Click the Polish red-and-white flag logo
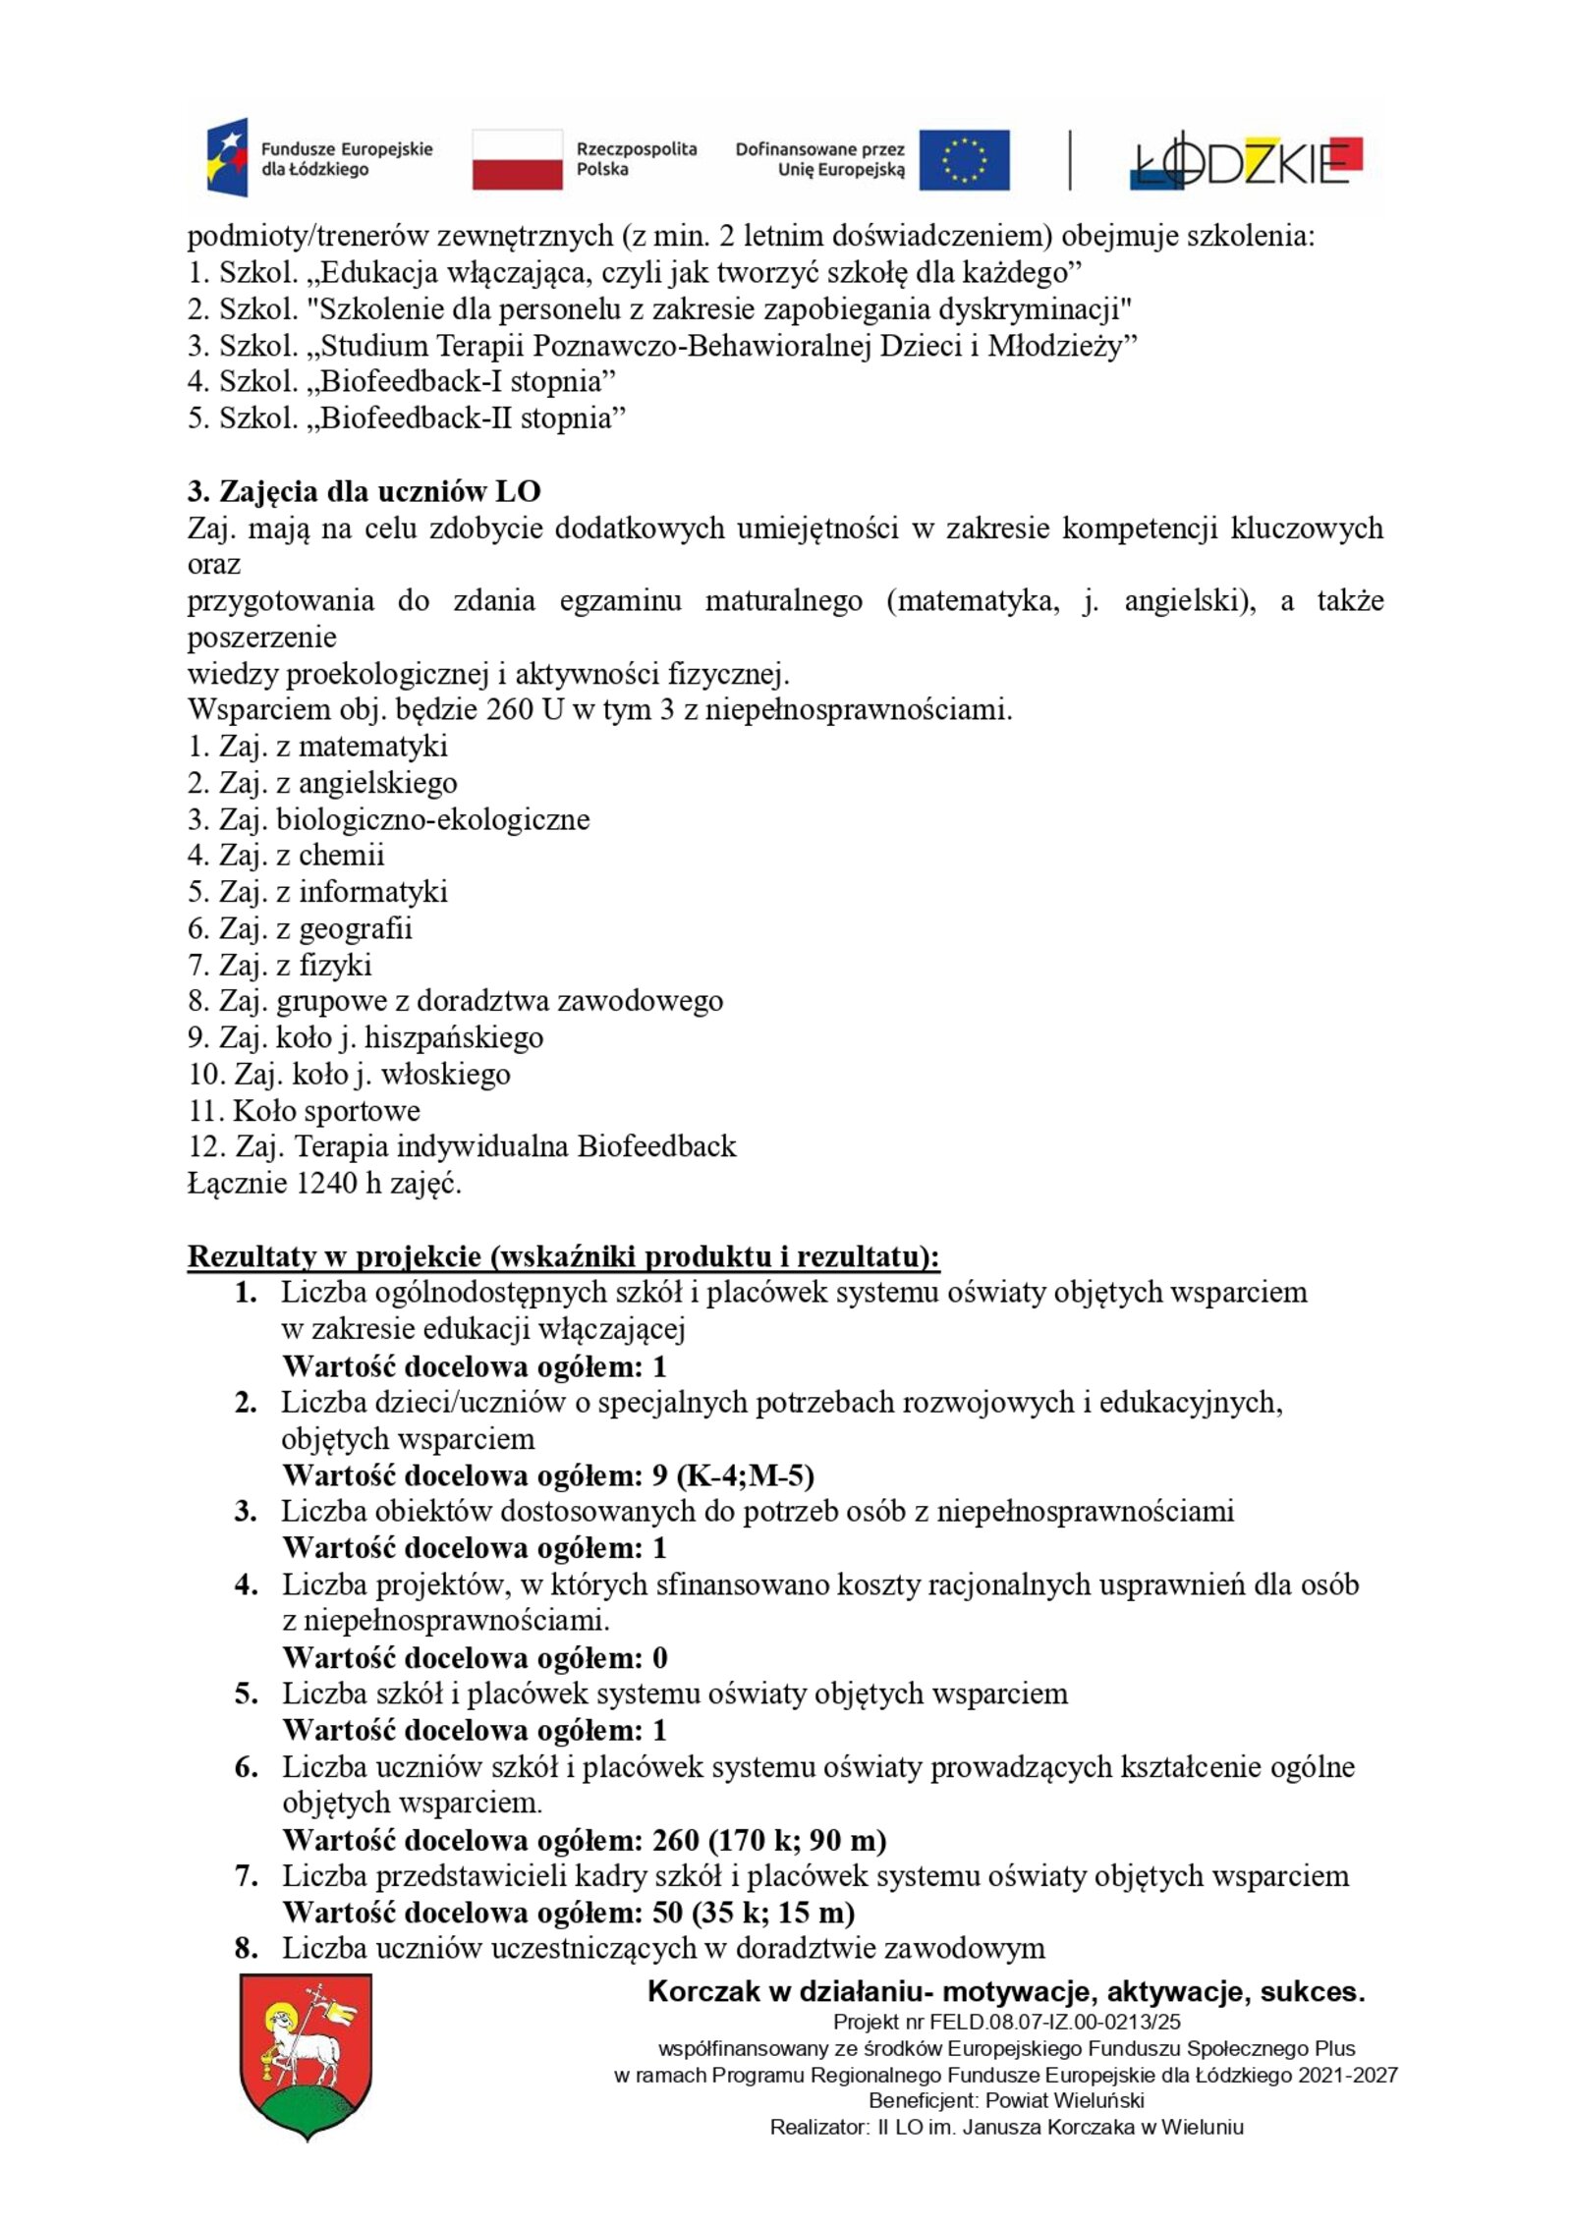[517, 159]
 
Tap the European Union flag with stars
[964, 159]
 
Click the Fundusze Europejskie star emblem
[227, 158]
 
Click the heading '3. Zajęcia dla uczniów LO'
[364, 491]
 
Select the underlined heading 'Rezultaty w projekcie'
[563, 1256]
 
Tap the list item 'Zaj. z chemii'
[286, 855]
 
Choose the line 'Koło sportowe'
[305, 1110]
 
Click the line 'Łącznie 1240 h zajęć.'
[324, 1183]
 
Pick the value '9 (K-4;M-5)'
[733, 1475]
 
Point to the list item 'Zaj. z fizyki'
[280, 965]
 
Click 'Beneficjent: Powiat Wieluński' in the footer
[1006, 2101]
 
